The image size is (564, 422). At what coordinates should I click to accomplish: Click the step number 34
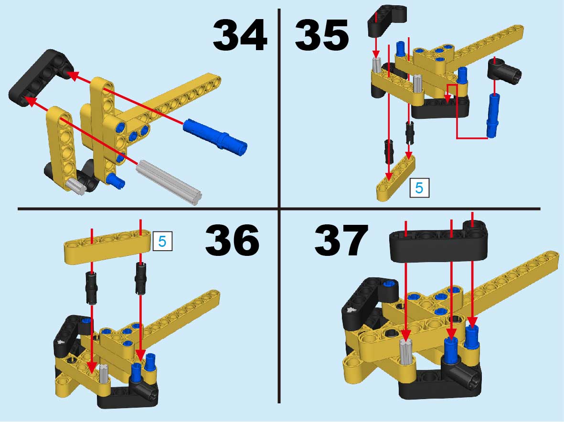point(240,35)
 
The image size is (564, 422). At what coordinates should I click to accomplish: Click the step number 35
point(321,35)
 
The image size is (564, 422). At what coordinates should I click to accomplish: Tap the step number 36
point(233,240)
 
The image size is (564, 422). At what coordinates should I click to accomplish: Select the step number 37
point(341,240)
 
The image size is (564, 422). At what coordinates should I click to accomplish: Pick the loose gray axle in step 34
point(169,182)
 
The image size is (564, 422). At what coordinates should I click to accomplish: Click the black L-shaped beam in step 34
point(40,76)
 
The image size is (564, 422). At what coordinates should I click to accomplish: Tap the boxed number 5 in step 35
point(419,188)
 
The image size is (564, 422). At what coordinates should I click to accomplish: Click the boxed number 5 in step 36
point(162,241)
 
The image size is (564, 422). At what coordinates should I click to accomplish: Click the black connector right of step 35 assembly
point(504,72)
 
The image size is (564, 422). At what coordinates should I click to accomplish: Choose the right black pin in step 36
point(141,278)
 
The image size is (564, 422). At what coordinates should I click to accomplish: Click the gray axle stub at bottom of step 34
point(77,186)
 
